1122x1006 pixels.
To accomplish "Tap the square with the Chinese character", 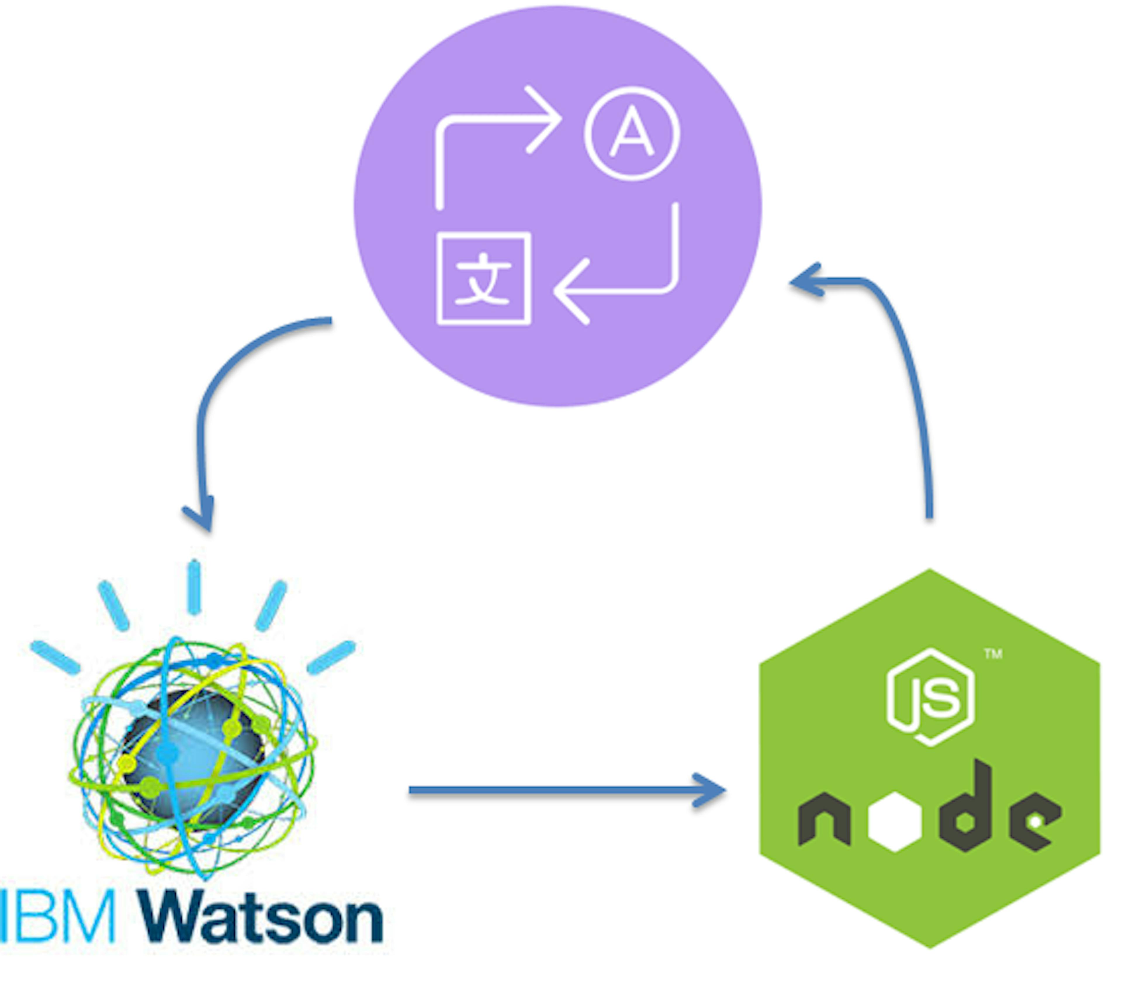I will click(x=484, y=278).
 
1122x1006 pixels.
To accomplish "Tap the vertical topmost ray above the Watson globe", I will click(x=193, y=587).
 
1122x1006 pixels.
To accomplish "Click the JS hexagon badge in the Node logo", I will click(x=930, y=697).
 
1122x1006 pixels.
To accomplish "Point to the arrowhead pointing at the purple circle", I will click(x=804, y=281).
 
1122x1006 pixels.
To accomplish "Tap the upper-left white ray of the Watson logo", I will click(x=113, y=605).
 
